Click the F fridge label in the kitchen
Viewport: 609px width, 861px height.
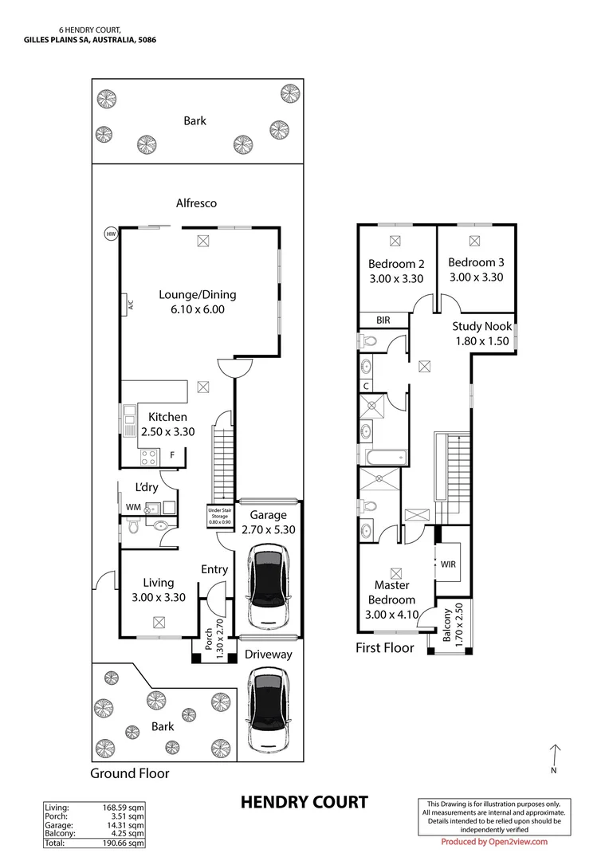(x=172, y=455)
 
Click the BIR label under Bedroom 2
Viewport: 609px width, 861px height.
(x=383, y=320)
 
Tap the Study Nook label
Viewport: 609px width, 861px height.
(x=481, y=326)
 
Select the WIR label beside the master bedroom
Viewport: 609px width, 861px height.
(x=448, y=564)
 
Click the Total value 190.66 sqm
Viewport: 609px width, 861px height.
(x=128, y=842)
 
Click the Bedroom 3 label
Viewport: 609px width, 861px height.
(x=476, y=262)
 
